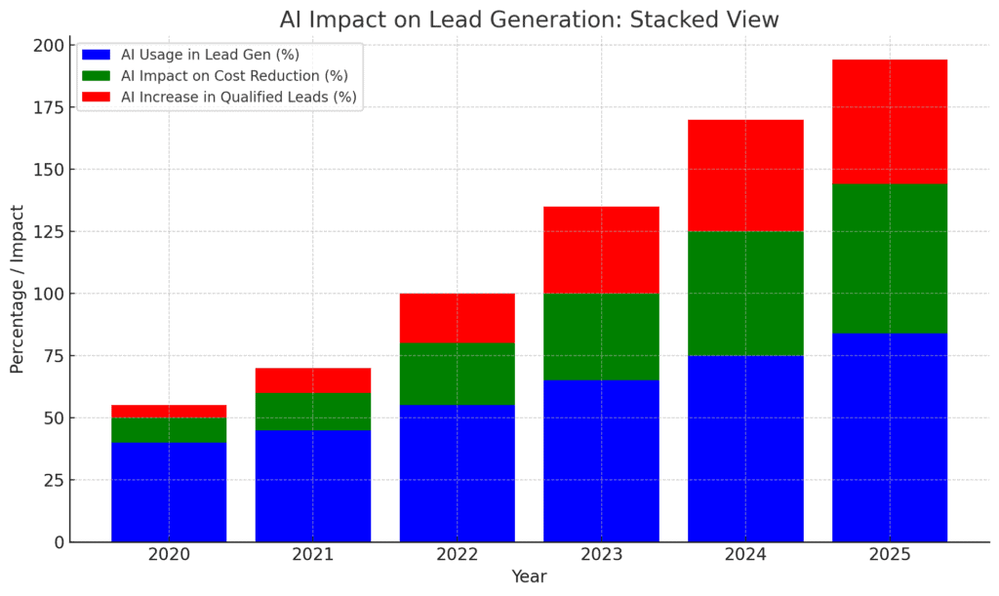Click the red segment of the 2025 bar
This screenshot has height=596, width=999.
point(889,121)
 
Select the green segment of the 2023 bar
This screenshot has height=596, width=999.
point(601,337)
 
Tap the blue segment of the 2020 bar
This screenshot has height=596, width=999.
point(169,492)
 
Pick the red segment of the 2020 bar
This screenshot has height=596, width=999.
point(169,411)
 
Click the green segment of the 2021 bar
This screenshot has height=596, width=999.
point(313,411)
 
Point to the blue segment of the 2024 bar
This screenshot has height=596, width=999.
point(745,448)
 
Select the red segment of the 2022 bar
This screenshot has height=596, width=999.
point(457,318)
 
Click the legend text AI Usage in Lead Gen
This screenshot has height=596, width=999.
point(210,55)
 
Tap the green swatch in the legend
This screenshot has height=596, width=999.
point(98,76)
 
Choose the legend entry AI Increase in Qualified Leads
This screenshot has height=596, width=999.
point(238,97)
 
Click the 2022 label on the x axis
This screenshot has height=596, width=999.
point(457,555)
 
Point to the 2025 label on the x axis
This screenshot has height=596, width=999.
point(889,555)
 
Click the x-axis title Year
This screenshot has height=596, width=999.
point(529,577)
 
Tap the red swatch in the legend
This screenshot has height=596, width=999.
point(98,97)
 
